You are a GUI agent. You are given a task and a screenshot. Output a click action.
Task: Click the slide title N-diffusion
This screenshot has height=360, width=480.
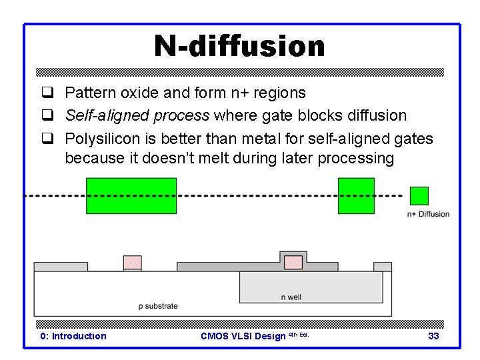click(x=239, y=46)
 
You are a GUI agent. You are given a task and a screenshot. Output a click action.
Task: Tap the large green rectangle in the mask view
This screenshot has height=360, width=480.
click(x=131, y=195)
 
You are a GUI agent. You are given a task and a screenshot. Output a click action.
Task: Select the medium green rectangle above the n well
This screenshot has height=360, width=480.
click(x=356, y=195)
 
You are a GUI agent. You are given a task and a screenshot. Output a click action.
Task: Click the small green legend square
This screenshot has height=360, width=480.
click(x=419, y=195)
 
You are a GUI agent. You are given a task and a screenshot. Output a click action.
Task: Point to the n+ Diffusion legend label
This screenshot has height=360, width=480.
click(x=428, y=214)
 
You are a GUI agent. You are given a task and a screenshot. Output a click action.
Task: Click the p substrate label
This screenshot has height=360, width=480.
click(x=158, y=306)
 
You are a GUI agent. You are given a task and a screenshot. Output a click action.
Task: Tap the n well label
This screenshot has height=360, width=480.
click(x=291, y=297)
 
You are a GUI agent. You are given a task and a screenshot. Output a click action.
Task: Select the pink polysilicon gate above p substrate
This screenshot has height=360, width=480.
click(x=133, y=263)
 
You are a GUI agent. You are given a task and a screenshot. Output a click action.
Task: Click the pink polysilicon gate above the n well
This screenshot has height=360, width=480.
click(x=293, y=262)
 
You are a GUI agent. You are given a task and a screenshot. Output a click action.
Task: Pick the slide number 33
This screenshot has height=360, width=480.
click(x=433, y=336)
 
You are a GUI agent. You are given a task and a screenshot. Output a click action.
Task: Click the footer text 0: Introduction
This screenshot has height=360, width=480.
click(x=73, y=336)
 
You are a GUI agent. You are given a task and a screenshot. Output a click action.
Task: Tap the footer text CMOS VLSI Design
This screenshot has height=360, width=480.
click(x=243, y=336)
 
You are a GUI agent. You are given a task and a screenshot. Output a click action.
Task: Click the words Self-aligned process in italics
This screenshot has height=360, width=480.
click(x=137, y=115)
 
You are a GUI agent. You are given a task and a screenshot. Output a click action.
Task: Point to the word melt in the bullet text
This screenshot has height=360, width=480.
click(x=247, y=158)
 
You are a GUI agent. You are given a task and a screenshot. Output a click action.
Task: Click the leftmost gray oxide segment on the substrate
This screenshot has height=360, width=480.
click(x=61, y=267)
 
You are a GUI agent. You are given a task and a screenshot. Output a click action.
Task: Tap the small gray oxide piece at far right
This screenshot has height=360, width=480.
click(x=383, y=267)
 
